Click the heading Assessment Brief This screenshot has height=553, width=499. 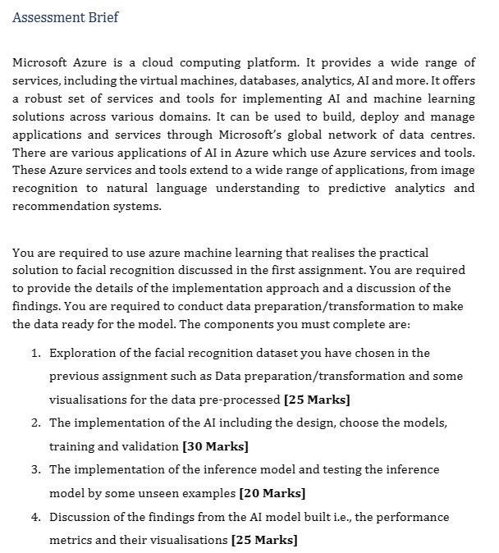point(66,17)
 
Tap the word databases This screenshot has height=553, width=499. point(291,81)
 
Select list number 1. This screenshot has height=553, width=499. point(36,353)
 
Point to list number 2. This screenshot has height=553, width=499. point(36,423)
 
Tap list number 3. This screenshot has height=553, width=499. point(36,470)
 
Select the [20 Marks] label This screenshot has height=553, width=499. point(272,494)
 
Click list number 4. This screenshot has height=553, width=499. point(36,518)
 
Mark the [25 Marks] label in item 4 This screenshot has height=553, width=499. point(265,541)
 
